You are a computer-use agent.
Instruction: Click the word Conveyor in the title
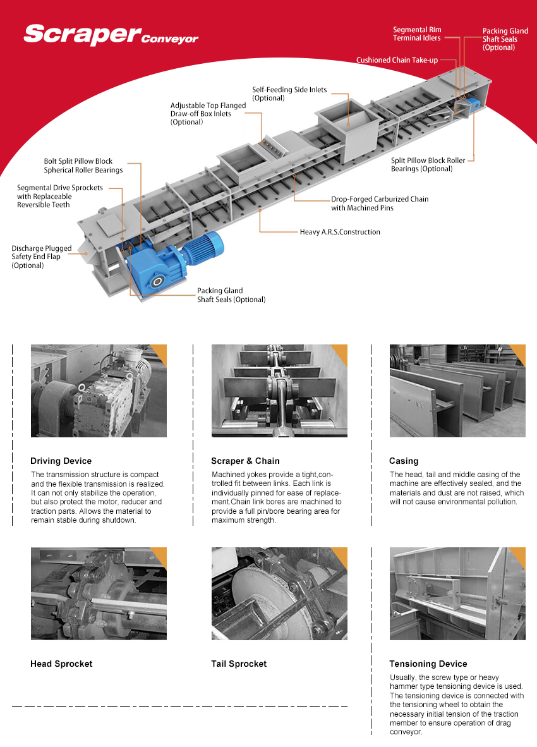pyautogui.click(x=169, y=39)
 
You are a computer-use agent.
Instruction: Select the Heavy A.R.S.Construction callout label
pyautogui.click(x=340, y=232)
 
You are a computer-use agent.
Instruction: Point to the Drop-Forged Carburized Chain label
pyautogui.click(x=379, y=203)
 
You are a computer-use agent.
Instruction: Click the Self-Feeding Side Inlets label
pyautogui.click(x=289, y=94)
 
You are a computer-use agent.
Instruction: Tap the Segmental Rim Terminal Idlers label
pyautogui.click(x=417, y=34)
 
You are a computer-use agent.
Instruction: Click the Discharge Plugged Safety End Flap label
pyautogui.click(x=41, y=257)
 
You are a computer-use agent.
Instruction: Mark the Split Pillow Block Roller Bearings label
pyautogui.click(x=428, y=165)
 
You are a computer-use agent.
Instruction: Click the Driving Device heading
pyautogui.click(x=61, y=461)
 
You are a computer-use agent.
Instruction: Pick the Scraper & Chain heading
pyautogui.click(x=245, y=461)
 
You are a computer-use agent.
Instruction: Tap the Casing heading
pyautogui.click(x=404, y=461)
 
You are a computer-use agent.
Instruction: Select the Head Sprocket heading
pyautogui.click(x=61, y=664)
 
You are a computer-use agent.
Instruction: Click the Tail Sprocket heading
pyautogui.click(x=239, y=664)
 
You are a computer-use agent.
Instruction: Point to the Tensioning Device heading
pyautogui.click(x=428, y=664)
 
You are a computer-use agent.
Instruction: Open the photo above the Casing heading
pyautogui.click(x=457, y=391)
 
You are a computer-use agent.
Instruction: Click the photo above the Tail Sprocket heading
pyautogui.click(x=279, y=593)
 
